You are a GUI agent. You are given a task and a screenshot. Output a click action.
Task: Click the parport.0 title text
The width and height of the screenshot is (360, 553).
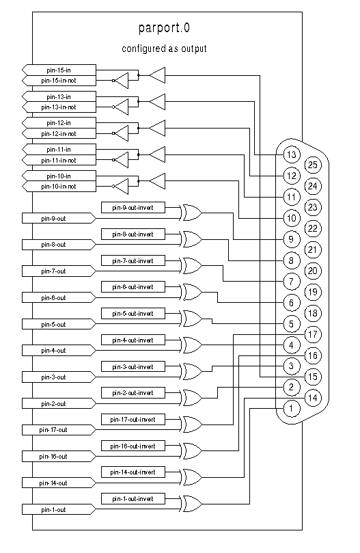pos(164,28)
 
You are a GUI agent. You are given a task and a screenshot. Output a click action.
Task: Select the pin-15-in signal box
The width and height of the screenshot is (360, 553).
pos(59,70)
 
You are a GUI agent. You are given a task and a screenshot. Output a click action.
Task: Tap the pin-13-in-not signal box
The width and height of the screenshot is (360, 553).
pos(59,107)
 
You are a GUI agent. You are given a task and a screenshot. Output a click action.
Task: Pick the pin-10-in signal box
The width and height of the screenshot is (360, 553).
pos(59,176)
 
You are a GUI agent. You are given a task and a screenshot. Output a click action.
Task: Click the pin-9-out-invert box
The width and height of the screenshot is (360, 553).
pos(133,207)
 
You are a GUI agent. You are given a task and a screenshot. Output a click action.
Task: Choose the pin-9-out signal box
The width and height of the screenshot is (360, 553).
pos(59,218)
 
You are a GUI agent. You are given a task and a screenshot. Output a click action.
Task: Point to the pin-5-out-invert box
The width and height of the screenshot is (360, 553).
pos(133,313)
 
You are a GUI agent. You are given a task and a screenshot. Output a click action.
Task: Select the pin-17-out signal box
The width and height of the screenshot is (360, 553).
pos(59,430)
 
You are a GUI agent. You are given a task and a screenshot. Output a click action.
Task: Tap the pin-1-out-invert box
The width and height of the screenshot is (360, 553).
pos(133,499)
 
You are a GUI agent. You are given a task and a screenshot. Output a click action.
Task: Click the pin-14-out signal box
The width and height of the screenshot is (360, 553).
pos(59,483)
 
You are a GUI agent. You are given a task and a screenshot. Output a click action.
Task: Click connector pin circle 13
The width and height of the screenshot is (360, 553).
pos(292,154)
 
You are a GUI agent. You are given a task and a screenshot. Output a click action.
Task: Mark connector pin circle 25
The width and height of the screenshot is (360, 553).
pos(313,165)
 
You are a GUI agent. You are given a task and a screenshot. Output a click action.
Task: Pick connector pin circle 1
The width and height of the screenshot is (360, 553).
pos(291,408)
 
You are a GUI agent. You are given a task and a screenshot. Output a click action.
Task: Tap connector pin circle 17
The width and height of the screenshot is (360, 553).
pos(313,334)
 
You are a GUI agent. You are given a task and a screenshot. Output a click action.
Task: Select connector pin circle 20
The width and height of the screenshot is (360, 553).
pos(313,271)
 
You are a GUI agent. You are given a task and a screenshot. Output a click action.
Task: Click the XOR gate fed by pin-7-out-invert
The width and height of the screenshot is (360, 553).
pos(192,266)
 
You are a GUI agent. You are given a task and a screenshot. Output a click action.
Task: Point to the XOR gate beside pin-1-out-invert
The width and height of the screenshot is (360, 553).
pos(192,504)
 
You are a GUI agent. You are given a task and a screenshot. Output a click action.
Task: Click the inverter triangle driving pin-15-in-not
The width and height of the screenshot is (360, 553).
pos(122,81)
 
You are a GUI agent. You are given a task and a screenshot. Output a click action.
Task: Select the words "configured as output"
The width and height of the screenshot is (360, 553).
pos(164,49)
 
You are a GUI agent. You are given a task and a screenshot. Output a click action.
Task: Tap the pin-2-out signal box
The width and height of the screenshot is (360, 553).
pos(59,403)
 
